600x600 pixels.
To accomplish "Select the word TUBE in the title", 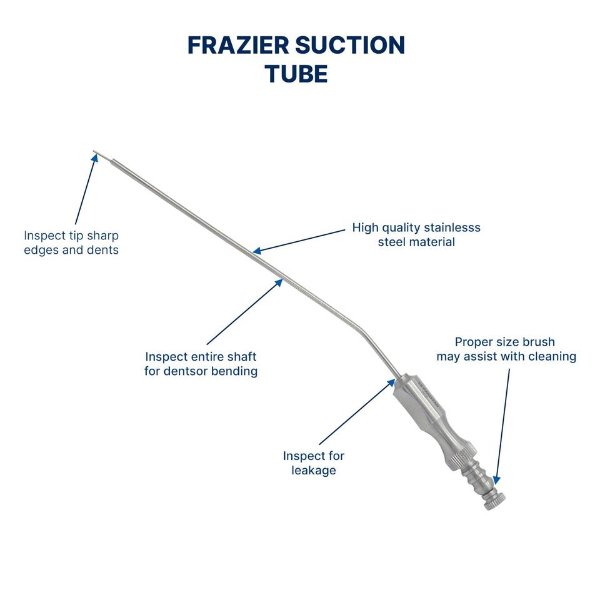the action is pyautogui.click(x=296, y=74).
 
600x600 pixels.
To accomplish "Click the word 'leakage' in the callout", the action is pyautogui.click(x=314, y=470).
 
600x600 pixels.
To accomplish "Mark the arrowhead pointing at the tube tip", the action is pyautogui.click(x=95, y=157).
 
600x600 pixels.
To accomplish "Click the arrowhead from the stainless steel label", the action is pyautogui.click(x=256, y=251).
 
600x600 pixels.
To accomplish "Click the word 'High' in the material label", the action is pyautogui.click(x=366, y=227).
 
